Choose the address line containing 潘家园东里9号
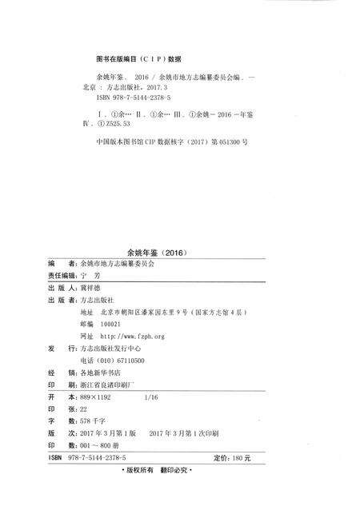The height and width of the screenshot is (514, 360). pos(172,313)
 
